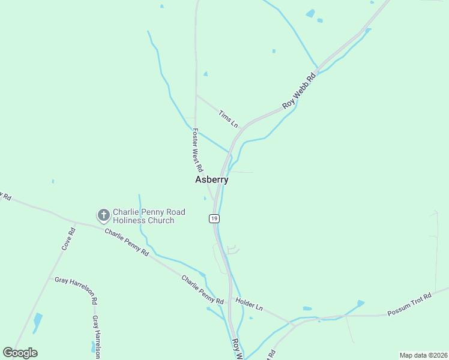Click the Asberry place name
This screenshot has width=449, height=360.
click(x=212, y=179)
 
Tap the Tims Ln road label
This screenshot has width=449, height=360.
click(x=229, y=119)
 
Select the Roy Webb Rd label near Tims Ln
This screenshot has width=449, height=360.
click(x=300, y=91)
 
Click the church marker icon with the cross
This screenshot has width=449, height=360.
click(x=103, y=215)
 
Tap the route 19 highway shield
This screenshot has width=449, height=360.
click(x=214, y=219)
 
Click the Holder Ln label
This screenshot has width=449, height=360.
click(x=249, y=304)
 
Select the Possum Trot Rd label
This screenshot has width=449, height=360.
click(x=409, y=305)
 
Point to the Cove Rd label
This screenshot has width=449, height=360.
click(x=68, y=239)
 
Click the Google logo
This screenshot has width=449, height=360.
click(x=20, y=353)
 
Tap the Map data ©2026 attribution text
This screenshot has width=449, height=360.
click(x=423, y=355)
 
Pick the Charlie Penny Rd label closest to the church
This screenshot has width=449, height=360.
click(x=127, y=242)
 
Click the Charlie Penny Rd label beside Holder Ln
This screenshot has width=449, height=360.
click(x=202, y=289)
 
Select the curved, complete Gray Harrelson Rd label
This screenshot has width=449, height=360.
click(x=76, y=286)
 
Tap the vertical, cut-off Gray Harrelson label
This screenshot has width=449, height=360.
click(x=95, y=336)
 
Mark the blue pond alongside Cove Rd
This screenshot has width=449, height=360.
click(x=38, y=322)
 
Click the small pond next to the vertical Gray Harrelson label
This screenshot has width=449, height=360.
click(x=95, y=347)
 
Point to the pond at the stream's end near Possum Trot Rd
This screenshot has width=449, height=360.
click(x=360, y=304)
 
